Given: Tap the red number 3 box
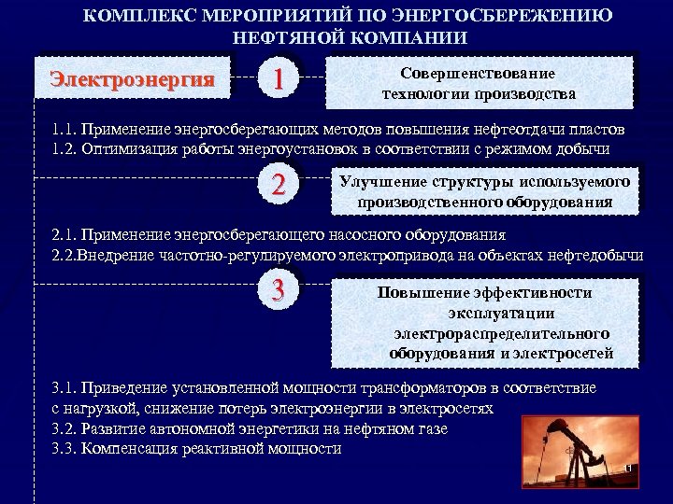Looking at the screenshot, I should click(277, 290).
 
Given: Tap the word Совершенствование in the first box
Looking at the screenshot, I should click(478, 73).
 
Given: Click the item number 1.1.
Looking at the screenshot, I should click(64, 129).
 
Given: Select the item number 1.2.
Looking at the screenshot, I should click(64, 148).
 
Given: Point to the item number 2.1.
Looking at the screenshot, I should click(64, 234).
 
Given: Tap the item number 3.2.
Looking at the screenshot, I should click(64, 428).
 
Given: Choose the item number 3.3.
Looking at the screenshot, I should click(64, 448).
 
